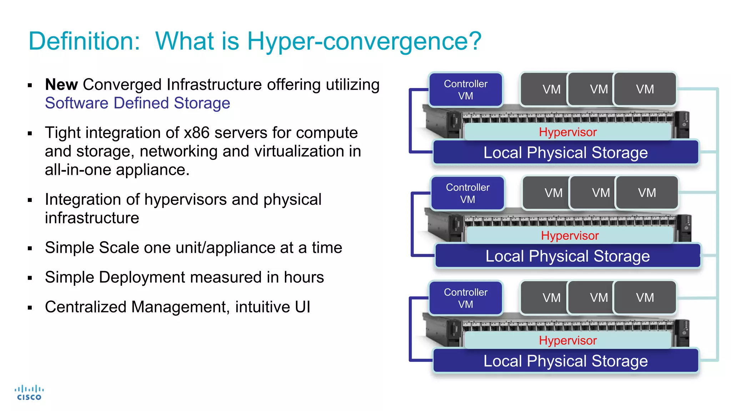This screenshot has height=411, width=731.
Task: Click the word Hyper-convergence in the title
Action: pos(364,41)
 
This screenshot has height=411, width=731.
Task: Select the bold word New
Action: pos(61,85)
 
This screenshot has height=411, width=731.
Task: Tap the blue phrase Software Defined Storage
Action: pos(137,103)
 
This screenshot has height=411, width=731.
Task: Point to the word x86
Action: pos(196,133)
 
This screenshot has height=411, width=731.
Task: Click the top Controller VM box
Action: pos(465,90)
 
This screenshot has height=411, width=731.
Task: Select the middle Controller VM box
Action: pos(468,193)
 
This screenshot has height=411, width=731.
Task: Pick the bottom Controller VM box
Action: pos(465,298)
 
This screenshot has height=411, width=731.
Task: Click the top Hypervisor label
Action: pos(568,132)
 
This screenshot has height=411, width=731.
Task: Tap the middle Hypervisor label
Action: pos(570,235)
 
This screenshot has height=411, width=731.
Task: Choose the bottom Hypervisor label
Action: pos(568,340)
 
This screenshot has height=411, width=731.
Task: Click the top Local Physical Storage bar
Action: pos(565,153)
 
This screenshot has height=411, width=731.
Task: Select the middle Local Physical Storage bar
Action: pos(568,256)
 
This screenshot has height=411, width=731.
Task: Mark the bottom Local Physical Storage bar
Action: pos(565,361)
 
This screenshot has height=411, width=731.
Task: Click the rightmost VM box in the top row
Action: pos(645,89)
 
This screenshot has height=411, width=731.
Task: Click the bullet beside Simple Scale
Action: pos(30,248)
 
